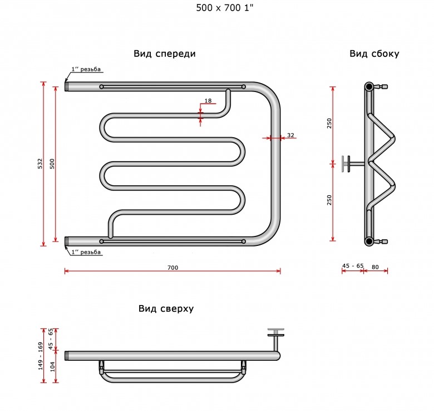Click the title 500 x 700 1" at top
tap(225, 8)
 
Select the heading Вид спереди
tap(165, 54)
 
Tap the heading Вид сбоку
tap(374, 54)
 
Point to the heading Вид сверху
tap(166, 308)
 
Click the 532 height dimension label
tap(41, 163)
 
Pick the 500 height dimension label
tap(52, 163)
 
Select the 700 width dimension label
tap(172, 268)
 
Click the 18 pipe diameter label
tap(208, 101)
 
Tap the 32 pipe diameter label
tap(290, 135)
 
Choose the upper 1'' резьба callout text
tap(86, 69)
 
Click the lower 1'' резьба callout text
tap(86, 252)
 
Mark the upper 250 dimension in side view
tap(329, 123)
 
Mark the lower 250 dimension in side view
tap(329, 200)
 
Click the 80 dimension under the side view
tap(375, 267)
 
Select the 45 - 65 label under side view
tap(353, 265)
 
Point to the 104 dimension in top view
tap(52, 366)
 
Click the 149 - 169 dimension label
tap(41, 356)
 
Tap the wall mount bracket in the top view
tap(276, 339)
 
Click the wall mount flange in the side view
tap(346, 164)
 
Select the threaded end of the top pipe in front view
tap(66, 86)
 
